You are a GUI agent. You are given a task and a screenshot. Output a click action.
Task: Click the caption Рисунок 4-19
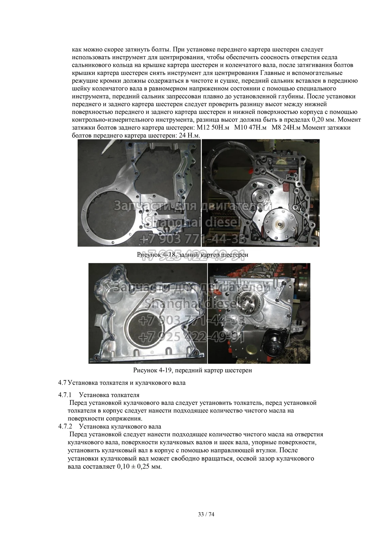pyautogui.click(x=152, y=370)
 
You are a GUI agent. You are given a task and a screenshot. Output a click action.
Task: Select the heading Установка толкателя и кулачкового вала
pyautogui.click(x=127, y=383)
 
